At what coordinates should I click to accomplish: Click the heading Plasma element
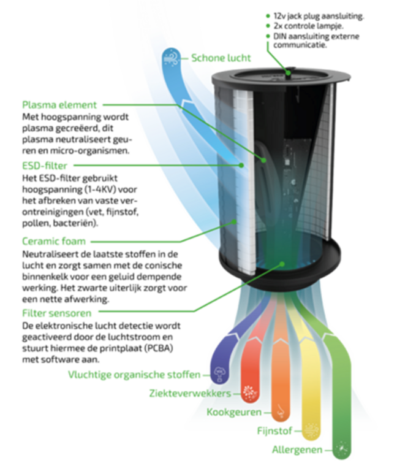point(59,105)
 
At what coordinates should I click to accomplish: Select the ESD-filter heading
point(45,166)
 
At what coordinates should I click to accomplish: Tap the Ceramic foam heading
point(54,241)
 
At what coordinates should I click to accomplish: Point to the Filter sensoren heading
point(57,313)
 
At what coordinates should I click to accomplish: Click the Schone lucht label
point(221,58)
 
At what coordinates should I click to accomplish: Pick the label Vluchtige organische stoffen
point(134,375)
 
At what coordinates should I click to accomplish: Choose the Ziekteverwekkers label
point(191,394)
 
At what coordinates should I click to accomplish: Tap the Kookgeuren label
point(234,412)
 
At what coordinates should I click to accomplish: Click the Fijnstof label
point(274,431)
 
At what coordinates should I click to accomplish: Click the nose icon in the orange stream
point(281,411)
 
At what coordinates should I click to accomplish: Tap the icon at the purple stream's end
point(220,374)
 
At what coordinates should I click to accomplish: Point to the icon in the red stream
point(249,392)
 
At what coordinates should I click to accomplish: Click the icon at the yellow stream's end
point(311,430)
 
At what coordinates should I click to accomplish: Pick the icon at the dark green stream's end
point(342,450)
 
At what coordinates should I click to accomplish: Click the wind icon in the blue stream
point(172,58)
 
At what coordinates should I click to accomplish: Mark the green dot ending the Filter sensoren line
point(282,264)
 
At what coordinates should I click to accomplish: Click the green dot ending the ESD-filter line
point(241,165)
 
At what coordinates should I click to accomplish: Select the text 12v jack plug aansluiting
point(319,16)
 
